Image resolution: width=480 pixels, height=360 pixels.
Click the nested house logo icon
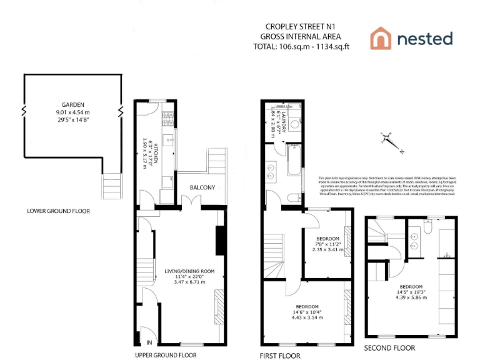point(380,38)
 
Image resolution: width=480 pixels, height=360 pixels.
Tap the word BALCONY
point(202,187)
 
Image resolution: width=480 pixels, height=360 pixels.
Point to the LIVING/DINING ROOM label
point(189,271)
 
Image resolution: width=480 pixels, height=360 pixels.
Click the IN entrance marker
point(149,342)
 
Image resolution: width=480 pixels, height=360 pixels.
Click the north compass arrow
point(392,141)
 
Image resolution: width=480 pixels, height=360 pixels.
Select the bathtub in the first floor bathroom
point(294,161)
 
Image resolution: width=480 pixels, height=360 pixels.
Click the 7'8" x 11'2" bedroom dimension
point(327,244)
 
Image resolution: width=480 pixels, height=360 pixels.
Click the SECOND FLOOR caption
point(389,348)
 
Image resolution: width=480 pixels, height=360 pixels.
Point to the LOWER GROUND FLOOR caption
point(58,211)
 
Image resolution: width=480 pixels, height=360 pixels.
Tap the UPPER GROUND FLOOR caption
point(166,355)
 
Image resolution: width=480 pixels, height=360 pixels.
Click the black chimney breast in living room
point(220,240)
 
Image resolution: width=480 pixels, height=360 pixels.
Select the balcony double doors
point(189,201)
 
